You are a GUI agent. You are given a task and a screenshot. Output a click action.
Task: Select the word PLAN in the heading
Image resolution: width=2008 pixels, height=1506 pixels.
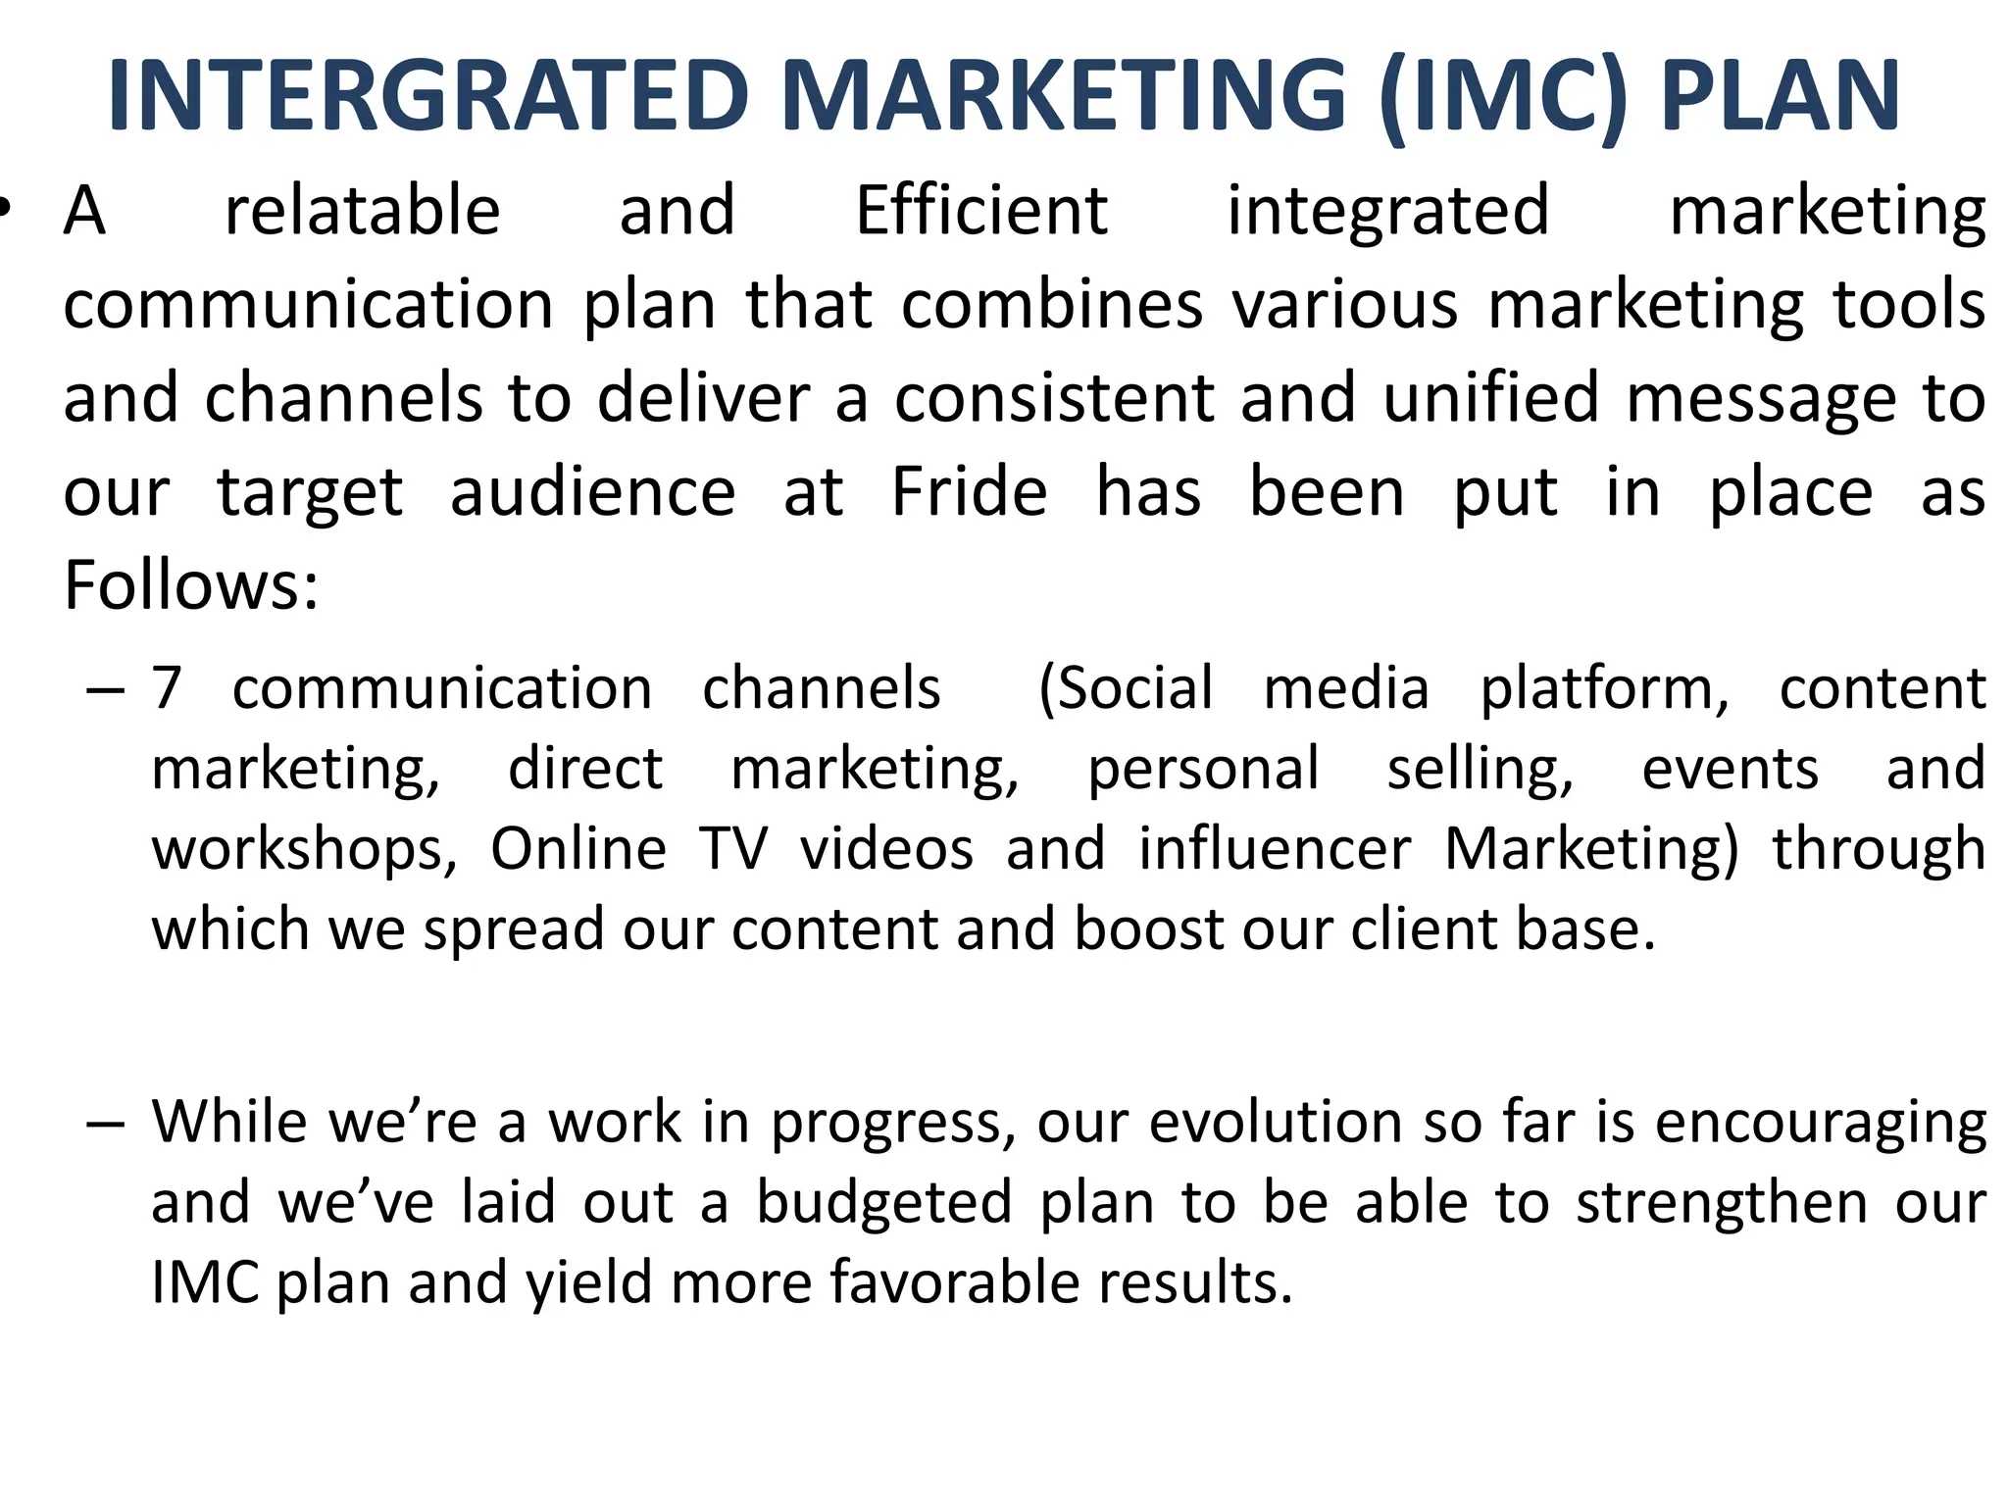click(x=1781, y=95)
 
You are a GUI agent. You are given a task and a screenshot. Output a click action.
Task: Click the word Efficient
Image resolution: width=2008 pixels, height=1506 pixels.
click(x=981, y=211)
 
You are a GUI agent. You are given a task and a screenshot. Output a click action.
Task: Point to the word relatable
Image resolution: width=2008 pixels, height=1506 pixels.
click(x=363, y=211)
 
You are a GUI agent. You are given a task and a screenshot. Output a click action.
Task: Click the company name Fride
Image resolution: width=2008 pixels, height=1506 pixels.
click(x=969, y=492)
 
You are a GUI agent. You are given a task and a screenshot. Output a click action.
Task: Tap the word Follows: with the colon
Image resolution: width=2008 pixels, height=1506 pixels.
click(x=191, y=585)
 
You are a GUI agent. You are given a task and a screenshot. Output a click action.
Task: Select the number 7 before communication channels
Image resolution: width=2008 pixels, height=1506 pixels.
click(x=167, y=688)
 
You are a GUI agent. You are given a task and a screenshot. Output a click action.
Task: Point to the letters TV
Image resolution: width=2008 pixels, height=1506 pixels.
click(x=733, y=849)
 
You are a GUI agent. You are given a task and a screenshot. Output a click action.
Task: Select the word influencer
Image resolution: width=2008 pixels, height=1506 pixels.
click(x=1275, y=849)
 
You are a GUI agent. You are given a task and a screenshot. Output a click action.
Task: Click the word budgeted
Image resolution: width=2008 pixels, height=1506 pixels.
click(x=883, y=1202)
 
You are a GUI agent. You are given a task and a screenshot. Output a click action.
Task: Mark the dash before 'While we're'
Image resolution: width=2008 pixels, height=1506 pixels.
click(x=105, y=1124)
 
